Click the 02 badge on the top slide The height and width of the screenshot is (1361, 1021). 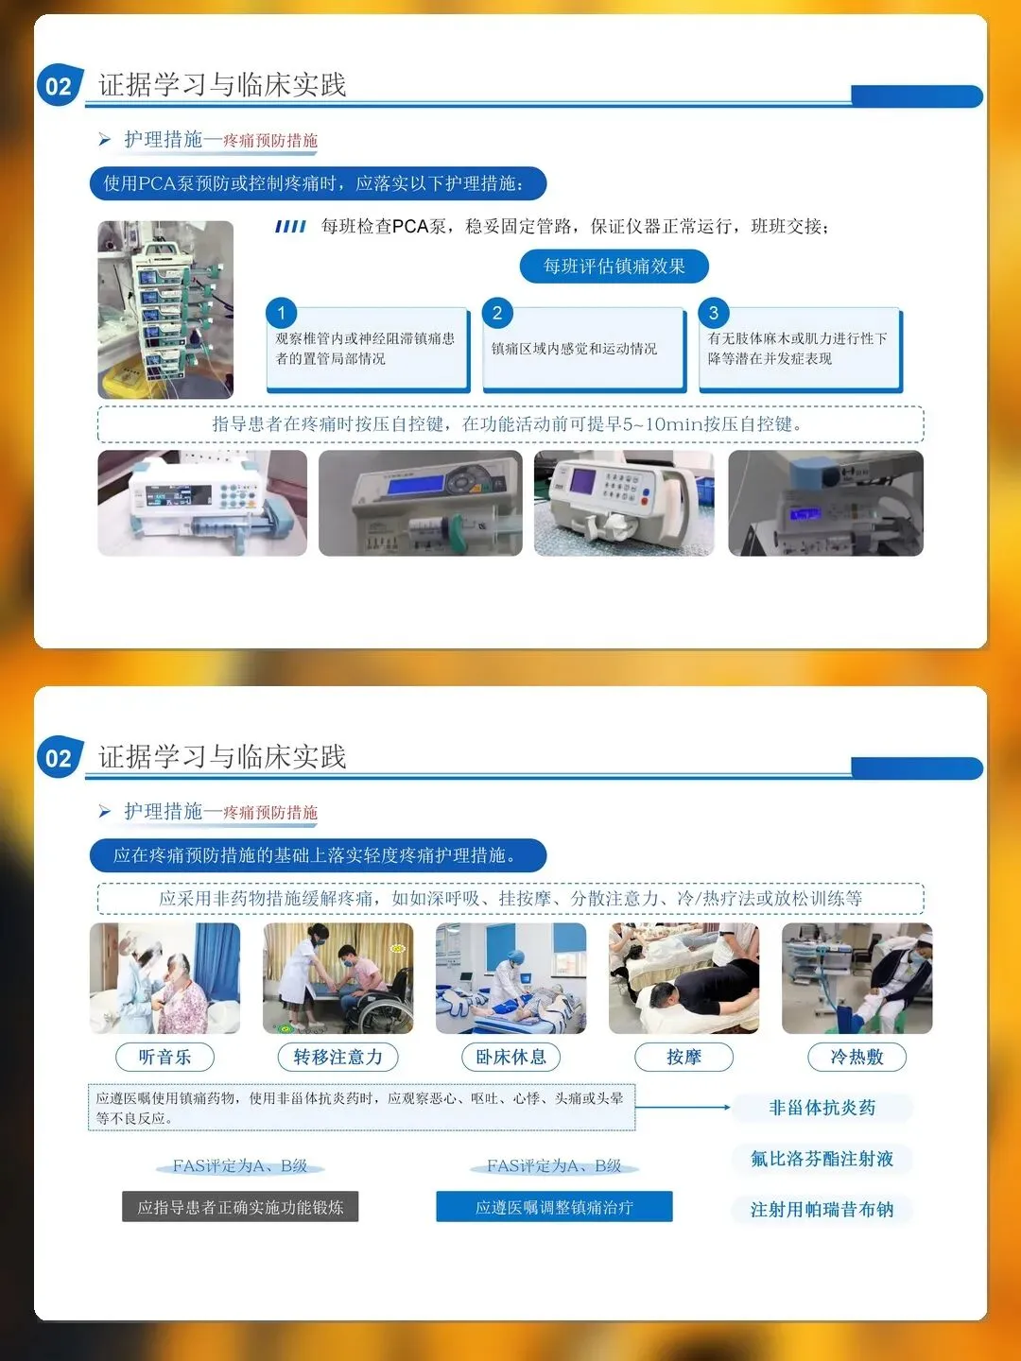click(x=60, y=85)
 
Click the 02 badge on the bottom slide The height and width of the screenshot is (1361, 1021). click(x=60, y=757)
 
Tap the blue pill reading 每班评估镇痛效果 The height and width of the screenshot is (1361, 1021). click(x=614, y=267)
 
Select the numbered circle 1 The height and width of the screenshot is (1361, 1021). click(x=282, y=313)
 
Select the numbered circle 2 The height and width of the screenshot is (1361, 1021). click(x=497, y=313)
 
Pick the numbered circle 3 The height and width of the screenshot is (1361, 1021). click(x=714, y=313)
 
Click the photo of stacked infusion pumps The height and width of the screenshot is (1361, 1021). click(x=165, y=309)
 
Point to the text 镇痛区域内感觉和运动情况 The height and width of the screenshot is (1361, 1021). click(x=574, y=349)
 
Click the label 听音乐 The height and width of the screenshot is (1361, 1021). click(x=164, y=1057)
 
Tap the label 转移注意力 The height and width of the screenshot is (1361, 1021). click(x=337, y=1057)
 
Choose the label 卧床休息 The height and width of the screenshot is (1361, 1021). click(x=510, y=1057)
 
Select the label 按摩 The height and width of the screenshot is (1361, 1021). click(x=684, y=1057)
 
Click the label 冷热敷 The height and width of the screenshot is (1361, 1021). click(x=857, y=1057)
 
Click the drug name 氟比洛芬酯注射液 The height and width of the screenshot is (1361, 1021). click(x=822, y=1158)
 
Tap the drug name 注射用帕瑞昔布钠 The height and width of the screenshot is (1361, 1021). click(x=822, y=1209)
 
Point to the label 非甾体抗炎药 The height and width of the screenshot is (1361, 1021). click(x=822, y=1108)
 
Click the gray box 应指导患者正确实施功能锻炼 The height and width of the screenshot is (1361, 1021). click(x=240, y=1207)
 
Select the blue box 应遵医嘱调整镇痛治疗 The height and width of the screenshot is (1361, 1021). click(x=554, y=1207)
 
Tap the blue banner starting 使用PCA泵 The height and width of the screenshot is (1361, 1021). click(x=318, y=183)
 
